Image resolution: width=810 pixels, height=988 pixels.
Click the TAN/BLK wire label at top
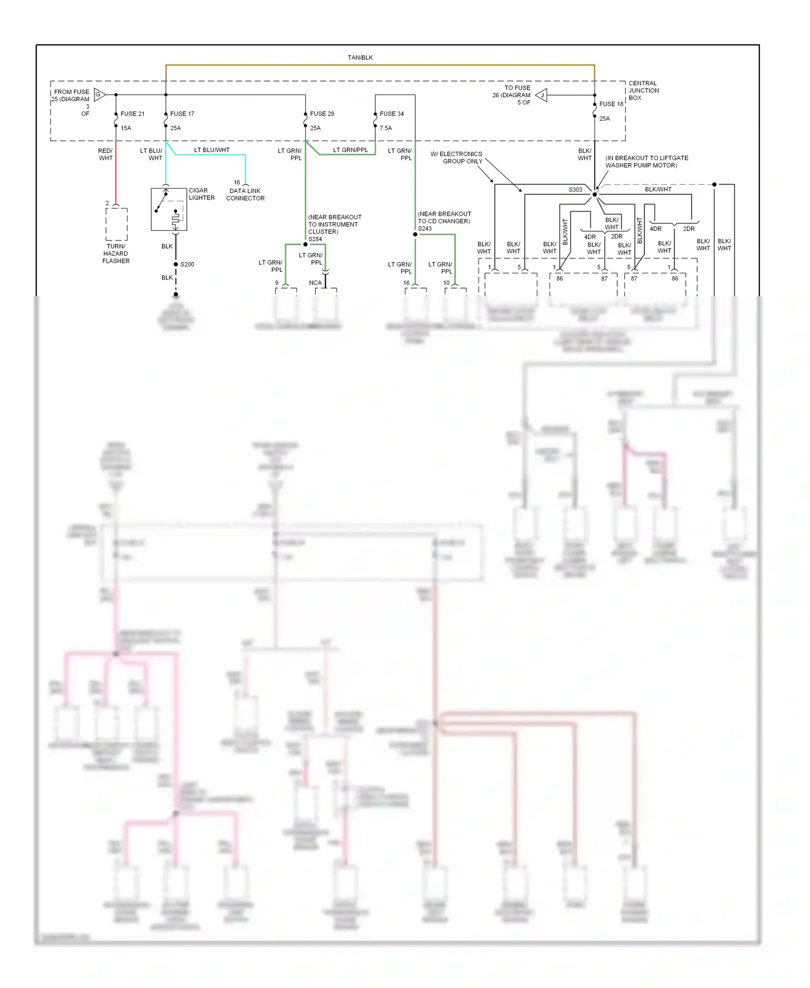tap(360, 57)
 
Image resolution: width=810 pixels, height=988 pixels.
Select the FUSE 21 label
tap(132, 114)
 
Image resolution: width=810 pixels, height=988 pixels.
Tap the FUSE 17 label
tap(182, 114)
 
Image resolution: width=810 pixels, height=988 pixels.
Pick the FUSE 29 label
tap(322, 114)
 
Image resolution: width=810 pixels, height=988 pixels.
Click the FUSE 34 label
tap(391, 114)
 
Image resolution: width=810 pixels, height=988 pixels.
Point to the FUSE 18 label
tap(611, 104)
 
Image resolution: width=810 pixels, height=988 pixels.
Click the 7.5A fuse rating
tap(386, 128)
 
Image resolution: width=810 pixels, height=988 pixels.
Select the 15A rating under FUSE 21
tap(126, 128)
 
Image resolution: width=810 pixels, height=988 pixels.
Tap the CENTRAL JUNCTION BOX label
tap(643, 90)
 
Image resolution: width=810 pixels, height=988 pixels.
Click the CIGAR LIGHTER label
tap(201, 194)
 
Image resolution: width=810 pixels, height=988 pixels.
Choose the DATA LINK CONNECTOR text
tap(245, 195)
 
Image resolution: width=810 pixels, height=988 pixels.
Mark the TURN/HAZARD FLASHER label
tap(116, 253)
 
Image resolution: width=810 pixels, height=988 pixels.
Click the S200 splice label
tap(187, 264)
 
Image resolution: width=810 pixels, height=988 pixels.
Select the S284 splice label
tap(315, 239)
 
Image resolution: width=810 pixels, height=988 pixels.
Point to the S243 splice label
tap(424, 229)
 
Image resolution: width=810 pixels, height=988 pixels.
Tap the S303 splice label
tap(575, 190)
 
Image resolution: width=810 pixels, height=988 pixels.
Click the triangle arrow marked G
tap(99, 95)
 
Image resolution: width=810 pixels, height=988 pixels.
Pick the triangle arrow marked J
tap(542, 95)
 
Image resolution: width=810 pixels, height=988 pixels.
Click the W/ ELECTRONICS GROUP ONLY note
tap(456, 157)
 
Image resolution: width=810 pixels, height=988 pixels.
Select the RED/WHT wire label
tap(105, 154)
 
